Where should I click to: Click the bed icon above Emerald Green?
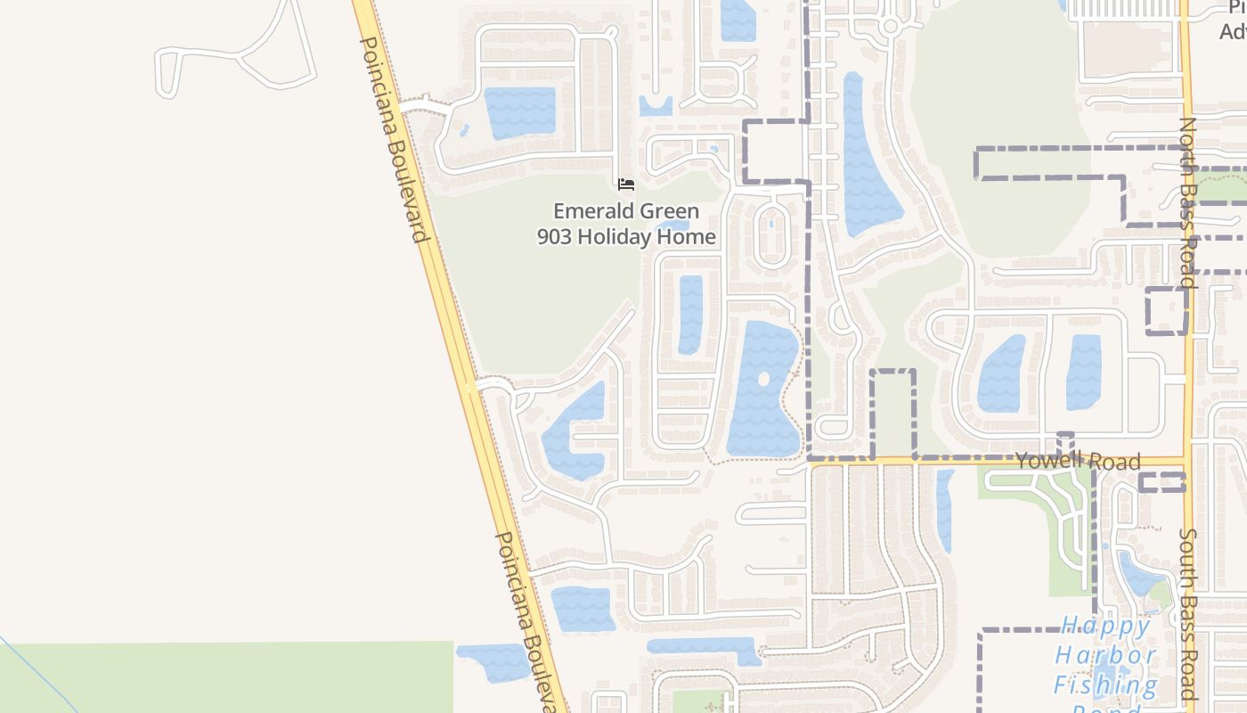[x=626, y=184]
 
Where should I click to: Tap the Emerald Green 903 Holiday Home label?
[x=626, y=224]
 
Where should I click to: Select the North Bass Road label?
[x=1188, y=200]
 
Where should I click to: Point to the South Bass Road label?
[x=1188, y=614]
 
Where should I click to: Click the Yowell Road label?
[x=1078, y=460]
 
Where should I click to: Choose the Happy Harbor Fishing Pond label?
[x=1107, y=665]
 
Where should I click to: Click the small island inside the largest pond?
[x=763, y=379]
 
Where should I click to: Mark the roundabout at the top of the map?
[x=889, y=26]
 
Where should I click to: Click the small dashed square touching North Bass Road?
[x=1166, y=310]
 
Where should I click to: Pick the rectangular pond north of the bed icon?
[x=519, y=112]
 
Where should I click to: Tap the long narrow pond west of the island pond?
[x=690, y=314]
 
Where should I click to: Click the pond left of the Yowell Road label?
[x=1001, y=374]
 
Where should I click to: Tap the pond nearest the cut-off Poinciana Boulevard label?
[x=493, y=662]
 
